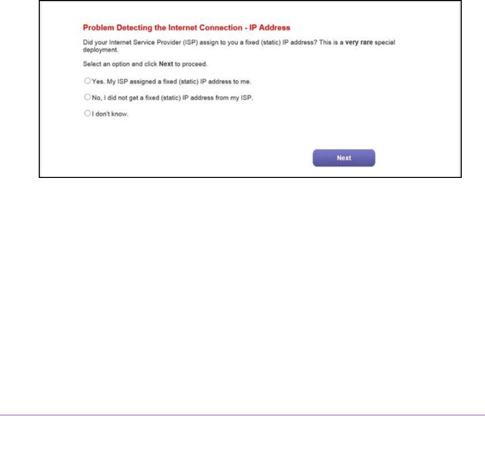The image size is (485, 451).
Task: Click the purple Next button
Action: click(x=343, y=158)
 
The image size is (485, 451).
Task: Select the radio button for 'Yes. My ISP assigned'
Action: click(x=87, y=81)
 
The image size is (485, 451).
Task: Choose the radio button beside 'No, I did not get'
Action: click(x=87, y=97)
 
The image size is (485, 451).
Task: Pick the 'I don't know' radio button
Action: click(x=87, y=114)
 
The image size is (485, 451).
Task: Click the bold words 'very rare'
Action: click(x=359, y=41)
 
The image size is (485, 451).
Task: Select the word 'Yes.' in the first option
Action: click(x=97, y=82)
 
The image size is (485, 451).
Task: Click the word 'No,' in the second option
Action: click(x=96, y=97)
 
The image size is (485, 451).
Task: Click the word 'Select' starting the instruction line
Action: click(x=91, y=64)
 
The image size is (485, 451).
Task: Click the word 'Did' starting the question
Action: click(x=87, y=41)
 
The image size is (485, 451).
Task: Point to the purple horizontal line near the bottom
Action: click(x=242, y=415)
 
